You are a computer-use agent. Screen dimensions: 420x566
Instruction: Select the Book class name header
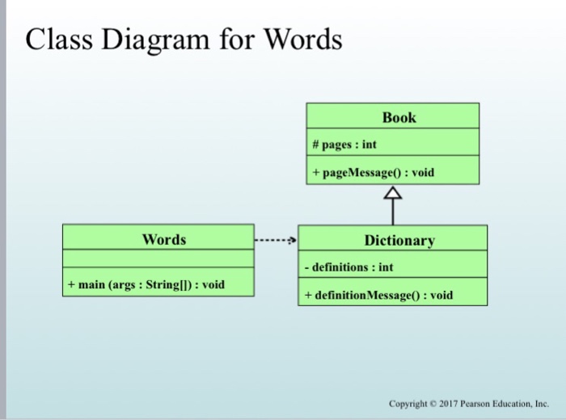pos(399,117)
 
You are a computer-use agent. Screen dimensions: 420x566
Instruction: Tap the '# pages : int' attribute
pos(344,145)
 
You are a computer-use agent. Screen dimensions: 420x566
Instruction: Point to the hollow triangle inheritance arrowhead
pos(393,193)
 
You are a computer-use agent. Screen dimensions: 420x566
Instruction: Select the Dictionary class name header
pos(399,240)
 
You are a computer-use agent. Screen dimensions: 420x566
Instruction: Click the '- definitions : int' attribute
pos(348,266)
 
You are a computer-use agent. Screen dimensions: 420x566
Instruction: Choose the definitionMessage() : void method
pos(378,295)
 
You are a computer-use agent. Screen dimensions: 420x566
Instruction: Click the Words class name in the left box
pos(164,239)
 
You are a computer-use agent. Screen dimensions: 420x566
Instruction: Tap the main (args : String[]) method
pos(146,284)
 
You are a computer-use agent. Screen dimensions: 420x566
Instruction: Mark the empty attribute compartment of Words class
pos(158,262)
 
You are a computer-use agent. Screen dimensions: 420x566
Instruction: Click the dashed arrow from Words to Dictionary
pos(276,240)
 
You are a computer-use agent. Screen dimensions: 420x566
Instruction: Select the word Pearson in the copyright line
pos(478,403)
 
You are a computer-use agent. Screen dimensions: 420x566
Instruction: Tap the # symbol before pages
pos(315,145)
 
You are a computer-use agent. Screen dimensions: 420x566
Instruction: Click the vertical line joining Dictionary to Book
pos(393,212)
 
